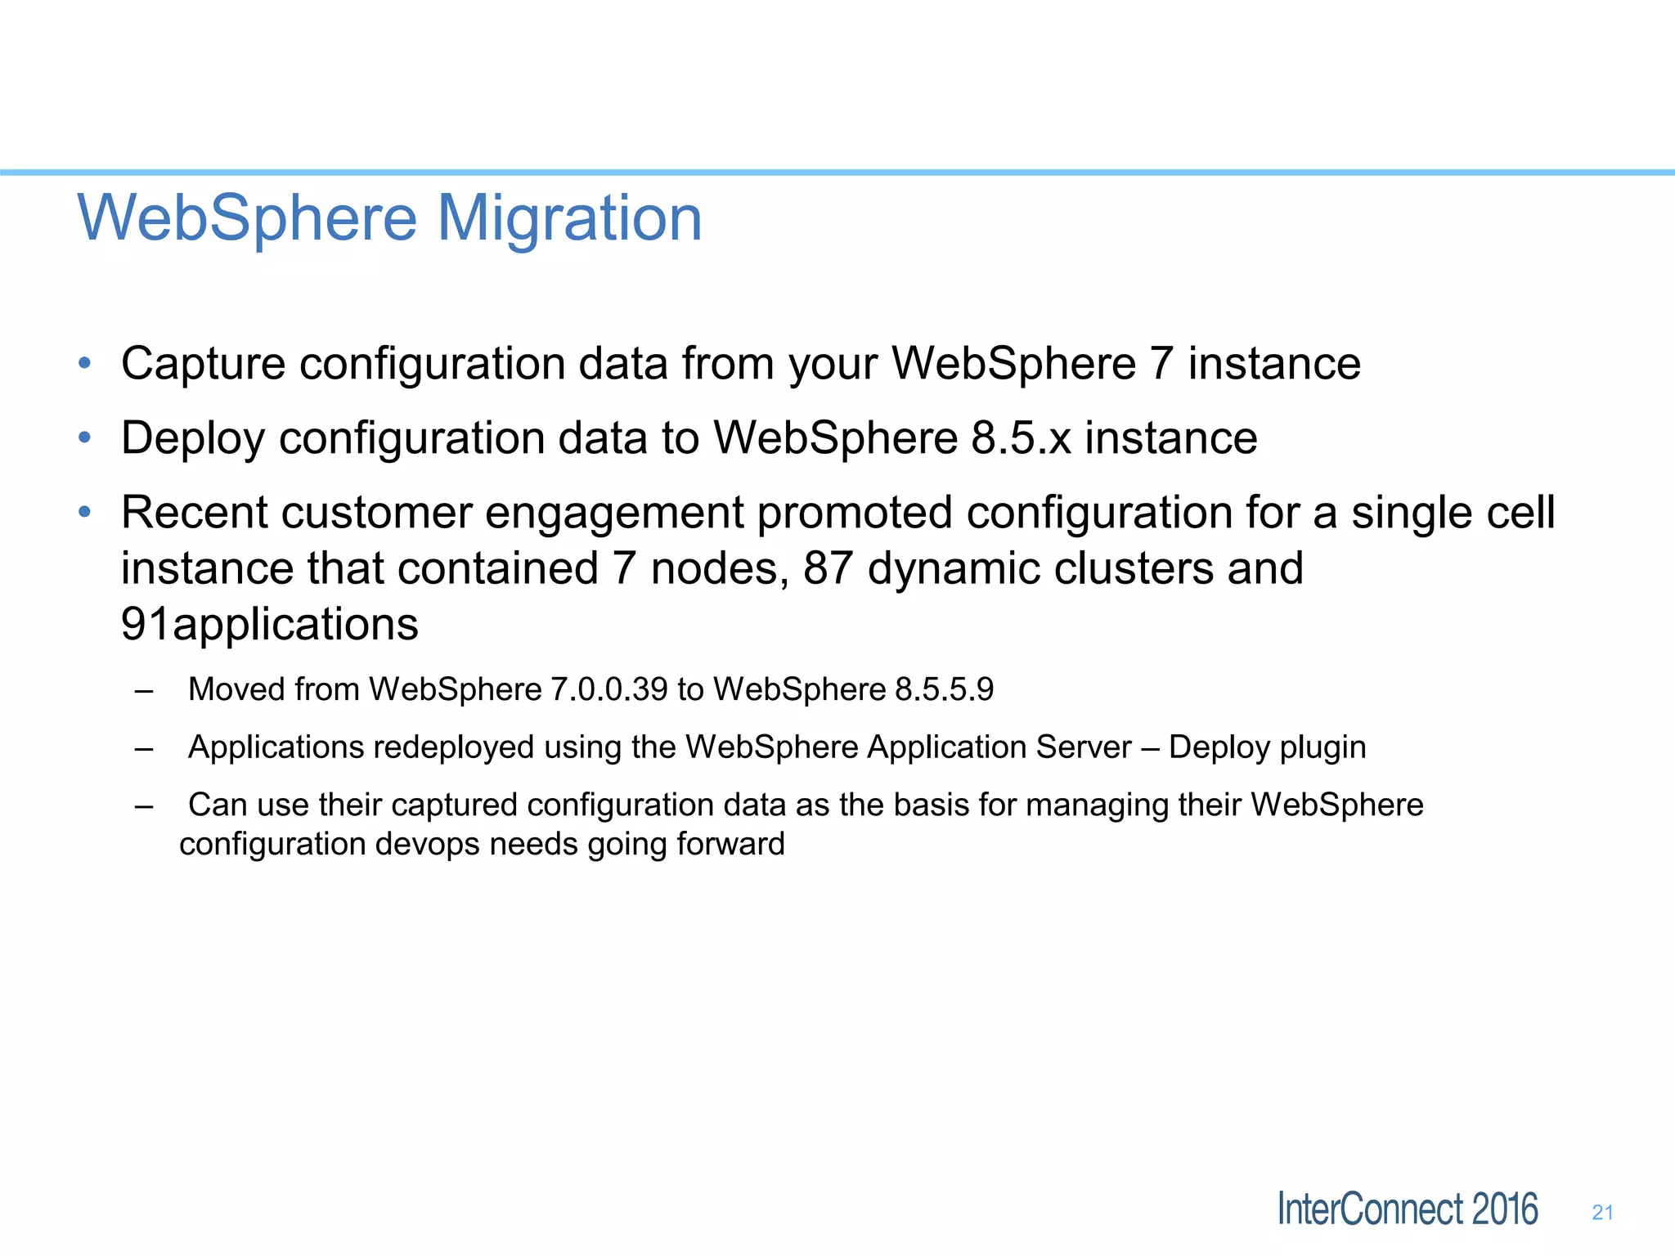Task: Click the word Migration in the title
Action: [569, 218]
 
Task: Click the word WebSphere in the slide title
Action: [247, 218]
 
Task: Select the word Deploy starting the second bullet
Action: [193, 438]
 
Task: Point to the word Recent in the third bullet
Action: [195, 513]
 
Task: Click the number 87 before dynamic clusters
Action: [828, 568]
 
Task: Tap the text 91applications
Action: [270, 624]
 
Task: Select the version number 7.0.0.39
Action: [608, 689]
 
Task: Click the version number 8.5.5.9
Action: [944, 689]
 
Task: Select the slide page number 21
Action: [1602, 1213]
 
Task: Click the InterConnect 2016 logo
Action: [1407, 1209]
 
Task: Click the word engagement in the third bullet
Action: [613, 514]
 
